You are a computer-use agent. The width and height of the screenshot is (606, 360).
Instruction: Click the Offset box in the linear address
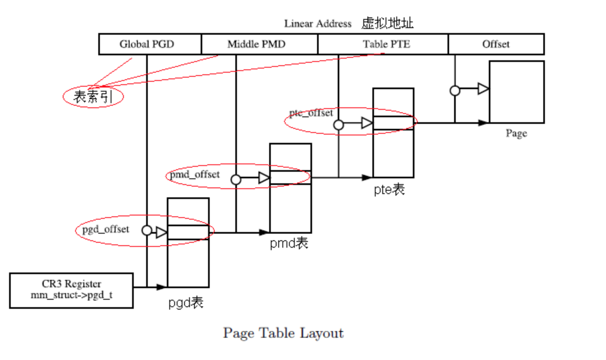496,44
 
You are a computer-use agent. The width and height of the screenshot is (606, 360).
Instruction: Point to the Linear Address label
317,24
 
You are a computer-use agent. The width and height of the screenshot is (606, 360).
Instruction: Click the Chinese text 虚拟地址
387,23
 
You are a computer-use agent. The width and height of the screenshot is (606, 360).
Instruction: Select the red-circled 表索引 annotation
93,97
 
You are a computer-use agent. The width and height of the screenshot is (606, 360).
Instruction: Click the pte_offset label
311,113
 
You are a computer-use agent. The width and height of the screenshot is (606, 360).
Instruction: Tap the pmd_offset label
195,174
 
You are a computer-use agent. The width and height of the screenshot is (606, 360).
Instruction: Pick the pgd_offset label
106,229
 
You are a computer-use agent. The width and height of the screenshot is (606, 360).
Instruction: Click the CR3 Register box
71,290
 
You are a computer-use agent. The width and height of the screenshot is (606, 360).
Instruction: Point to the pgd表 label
186,303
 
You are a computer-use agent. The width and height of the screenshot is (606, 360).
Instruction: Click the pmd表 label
289,243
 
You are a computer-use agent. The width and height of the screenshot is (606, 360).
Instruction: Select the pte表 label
389,189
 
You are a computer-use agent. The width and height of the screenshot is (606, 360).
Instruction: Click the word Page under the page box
516,133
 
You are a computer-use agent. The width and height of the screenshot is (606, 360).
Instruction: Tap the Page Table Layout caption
283,333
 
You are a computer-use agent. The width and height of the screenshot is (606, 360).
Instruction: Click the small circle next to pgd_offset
147,230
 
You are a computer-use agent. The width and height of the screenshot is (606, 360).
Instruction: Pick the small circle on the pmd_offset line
236,180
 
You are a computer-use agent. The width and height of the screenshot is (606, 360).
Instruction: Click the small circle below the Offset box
455,90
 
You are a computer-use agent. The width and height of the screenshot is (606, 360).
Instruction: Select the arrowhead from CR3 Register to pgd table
161,287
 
